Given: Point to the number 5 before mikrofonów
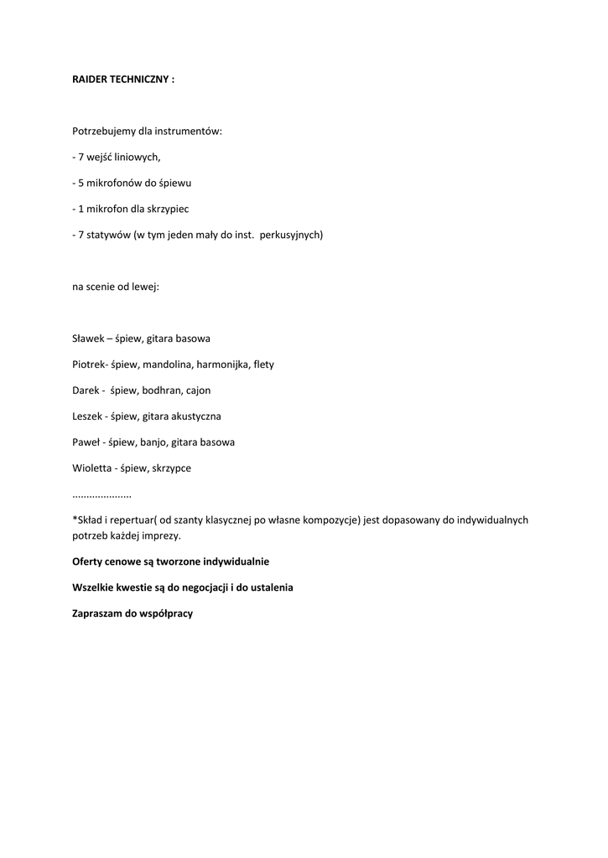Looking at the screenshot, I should [x=81, y=183].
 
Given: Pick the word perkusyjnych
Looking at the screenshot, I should [x=291, y=235].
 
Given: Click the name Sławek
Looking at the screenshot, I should [x=88, y=339].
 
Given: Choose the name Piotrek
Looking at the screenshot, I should [x=89, y=364].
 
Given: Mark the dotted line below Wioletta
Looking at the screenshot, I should [x=101, y=496].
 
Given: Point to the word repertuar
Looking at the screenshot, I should [x=134, y=520].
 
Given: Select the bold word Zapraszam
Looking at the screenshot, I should [x=100, y=613].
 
